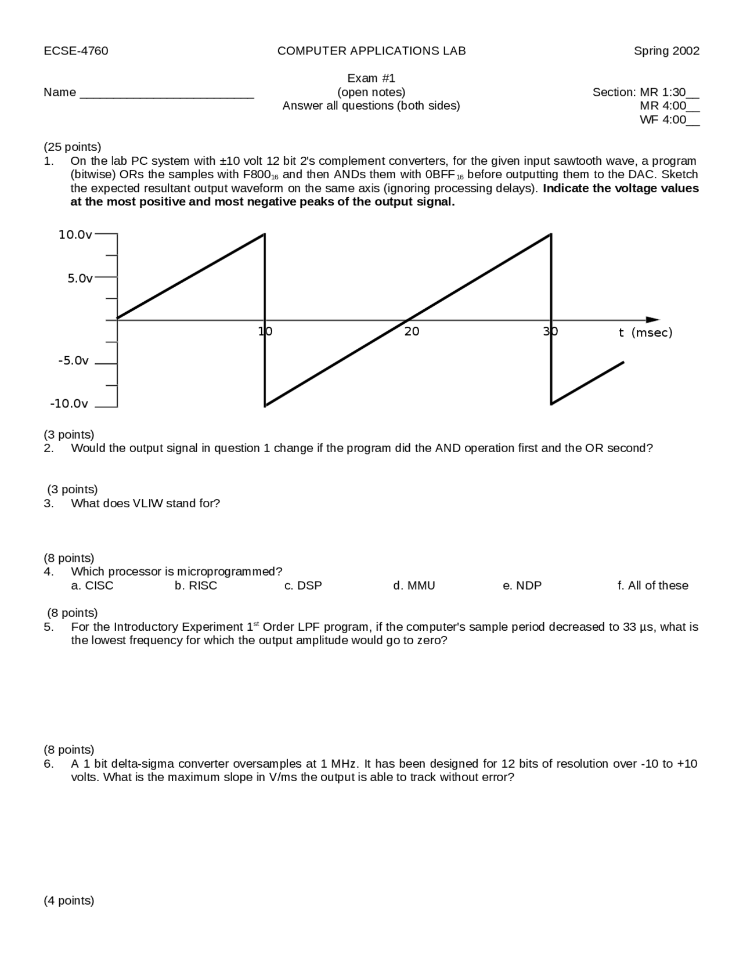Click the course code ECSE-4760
(75, 51)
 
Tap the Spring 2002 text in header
(666, 51)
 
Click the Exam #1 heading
(371, 78)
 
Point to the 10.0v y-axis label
(75, 235)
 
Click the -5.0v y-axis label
(74, 361)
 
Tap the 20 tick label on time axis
(412, 332)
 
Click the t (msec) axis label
(645, 333)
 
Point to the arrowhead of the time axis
(654, 320)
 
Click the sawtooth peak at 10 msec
(265, 234)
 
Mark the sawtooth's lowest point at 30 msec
(551, 404)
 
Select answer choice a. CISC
(92, 586)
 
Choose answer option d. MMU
(414, 586)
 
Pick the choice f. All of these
(652, 586)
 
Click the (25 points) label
(72, 147)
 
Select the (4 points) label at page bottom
(68, 901)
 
